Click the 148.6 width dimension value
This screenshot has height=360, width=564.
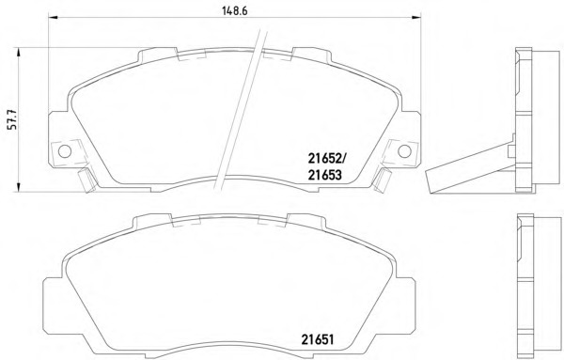coord(234,11)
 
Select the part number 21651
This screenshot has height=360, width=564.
coord(318,339)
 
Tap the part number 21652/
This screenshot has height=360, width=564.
coord(327,157)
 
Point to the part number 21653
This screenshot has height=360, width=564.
coord(324,175)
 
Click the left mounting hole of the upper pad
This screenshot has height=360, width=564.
coord(65,151)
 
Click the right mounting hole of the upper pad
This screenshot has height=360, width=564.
coord(404,151)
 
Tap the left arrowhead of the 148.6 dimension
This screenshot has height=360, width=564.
coord(53,17)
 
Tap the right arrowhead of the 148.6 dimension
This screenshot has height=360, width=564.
coord(416,17)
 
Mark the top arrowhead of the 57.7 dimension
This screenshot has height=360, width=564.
coord(19,53)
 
